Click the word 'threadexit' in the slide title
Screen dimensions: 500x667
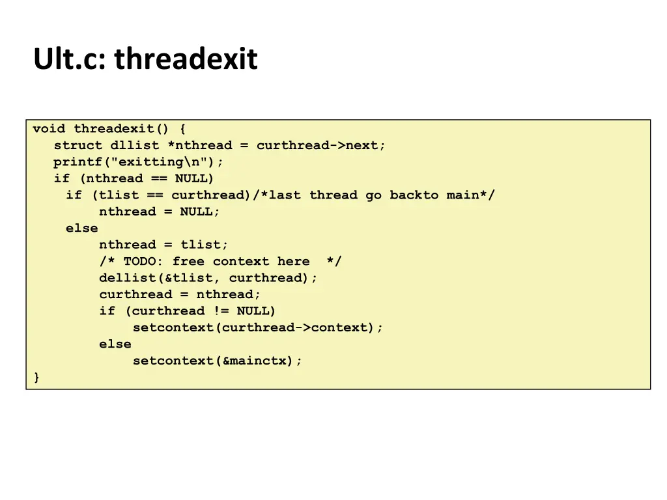point(186,59)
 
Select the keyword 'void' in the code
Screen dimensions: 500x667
point(49,128)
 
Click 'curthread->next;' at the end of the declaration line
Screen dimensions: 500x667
point(320,145)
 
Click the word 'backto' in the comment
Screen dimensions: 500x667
point(414,195)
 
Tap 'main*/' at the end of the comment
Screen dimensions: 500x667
point(470,195)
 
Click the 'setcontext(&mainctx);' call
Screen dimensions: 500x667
point(218,361)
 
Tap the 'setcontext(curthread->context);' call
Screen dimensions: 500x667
point(258,327)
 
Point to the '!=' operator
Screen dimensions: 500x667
point(220,311)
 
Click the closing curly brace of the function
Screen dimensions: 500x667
point(36,377)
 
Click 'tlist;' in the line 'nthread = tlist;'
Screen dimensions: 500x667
point(205,245)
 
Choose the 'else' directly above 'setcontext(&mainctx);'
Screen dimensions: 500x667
point(115,344)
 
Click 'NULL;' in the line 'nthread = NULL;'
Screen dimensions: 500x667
point(200,212)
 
